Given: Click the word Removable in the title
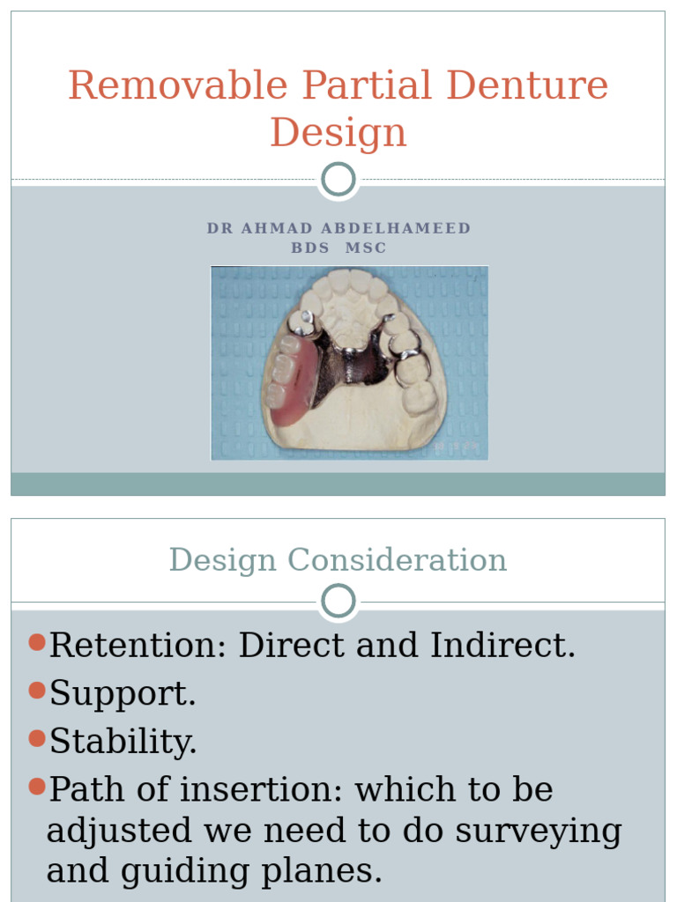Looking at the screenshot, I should click(177, 86).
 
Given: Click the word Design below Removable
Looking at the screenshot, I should click(338, 133).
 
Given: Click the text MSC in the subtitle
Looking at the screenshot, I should click(366, 248).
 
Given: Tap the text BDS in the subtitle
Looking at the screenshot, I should click(309, 248).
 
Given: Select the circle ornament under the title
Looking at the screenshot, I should click(338, 180).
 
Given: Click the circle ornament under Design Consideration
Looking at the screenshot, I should click(338, 603).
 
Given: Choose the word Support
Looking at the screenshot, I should click(123, 694).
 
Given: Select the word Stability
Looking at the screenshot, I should click(123, 742).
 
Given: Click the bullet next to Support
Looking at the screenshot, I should click(36, 691).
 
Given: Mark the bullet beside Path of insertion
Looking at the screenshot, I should click(36, 787).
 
